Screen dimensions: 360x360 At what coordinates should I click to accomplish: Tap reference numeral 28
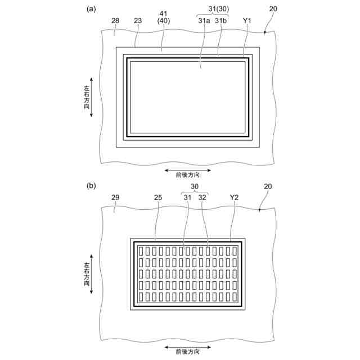click(x=115, y=20)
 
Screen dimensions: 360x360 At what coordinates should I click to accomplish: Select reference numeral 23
click(x=138, y=20)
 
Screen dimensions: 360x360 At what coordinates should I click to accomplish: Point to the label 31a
click(x=204, y=20)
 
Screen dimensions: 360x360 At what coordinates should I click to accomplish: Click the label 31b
click(x=220, y=20)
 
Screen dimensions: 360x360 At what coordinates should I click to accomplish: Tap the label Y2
click(x=235, y=197)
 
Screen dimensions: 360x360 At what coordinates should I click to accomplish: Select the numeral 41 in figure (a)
click(x=163, y=13)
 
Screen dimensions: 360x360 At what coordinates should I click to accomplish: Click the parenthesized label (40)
click(x=163, y=21)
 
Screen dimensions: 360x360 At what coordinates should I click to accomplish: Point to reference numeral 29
click(x=115, y=197)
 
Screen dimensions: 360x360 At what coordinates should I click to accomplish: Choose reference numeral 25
click(x=158, y=197)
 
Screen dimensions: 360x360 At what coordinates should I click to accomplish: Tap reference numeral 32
click(x=202, y=197)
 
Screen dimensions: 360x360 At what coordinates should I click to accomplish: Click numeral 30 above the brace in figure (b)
click(x=195, y=186)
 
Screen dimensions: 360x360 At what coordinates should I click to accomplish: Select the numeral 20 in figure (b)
click(x=268, y=186)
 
